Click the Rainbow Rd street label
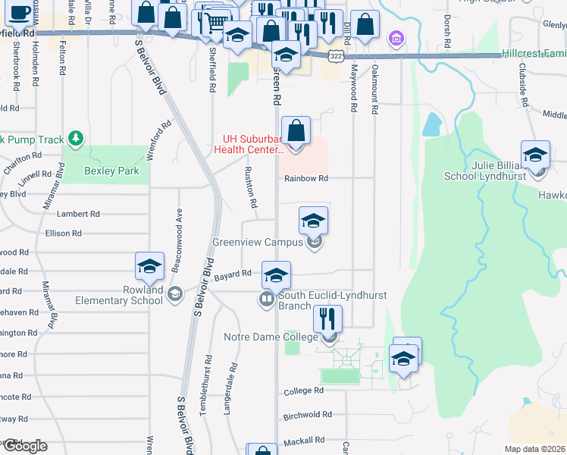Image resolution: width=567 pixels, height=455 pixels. (306, 179)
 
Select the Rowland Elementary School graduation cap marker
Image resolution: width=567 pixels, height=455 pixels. (149, 266)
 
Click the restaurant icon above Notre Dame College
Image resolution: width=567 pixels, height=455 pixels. (327, 318)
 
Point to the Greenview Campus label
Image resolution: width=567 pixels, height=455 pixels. (258, 243)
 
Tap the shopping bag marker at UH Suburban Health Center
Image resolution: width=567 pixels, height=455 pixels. (296, 130)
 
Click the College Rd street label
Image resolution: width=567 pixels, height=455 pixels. (303, 391)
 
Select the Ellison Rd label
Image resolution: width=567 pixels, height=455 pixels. (63, 234)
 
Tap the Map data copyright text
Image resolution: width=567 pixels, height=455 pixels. (535, 449)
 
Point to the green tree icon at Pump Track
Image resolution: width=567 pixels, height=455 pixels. (74, 138)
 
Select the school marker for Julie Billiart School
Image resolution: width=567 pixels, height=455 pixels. (535, 153)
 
